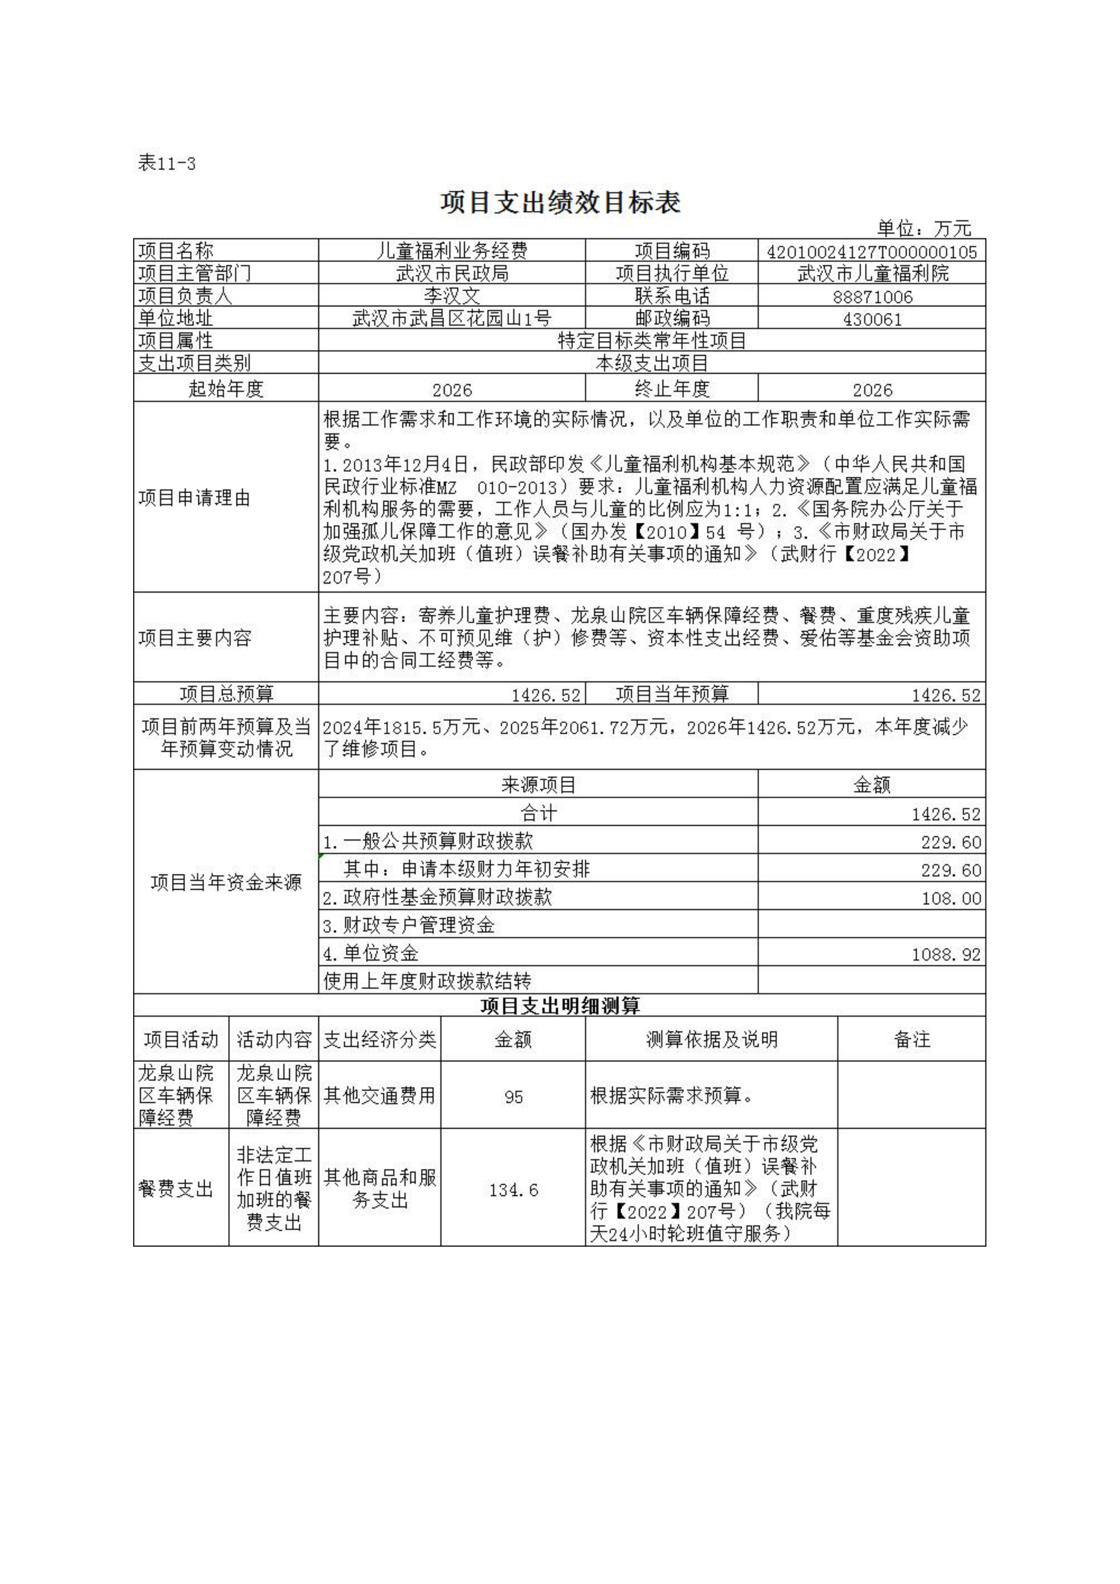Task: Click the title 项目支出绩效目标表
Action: pyautogui.click(x=560, y=202)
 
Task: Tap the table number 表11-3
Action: pyautogui.click(x=167, y=164)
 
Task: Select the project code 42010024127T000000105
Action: pyautogui.click(x=871, y=252)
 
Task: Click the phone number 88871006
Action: pyautogui.click(x=872, y=297)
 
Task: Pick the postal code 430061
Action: pyautogui.click(x=872, y=319)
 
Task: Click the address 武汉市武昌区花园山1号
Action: pyautogui.click(x=452, y=319)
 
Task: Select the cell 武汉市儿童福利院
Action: pyautogui.click(x=872, y=274)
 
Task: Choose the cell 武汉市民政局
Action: pyautogui.click(x=452, y=274)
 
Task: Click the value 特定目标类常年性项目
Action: pyautogui.click(x=651, y=341)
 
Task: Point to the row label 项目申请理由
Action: pyautogui.click(x=194, y=498)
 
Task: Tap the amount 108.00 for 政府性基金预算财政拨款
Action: pyautogui.click(x=951, y=898)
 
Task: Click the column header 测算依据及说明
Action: pyautogui.click(x=711, y=1040)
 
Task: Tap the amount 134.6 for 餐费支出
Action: pyautogui.click(x=513, y=1190)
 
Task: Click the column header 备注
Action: pyautogui.click(x=911, y=1040)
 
